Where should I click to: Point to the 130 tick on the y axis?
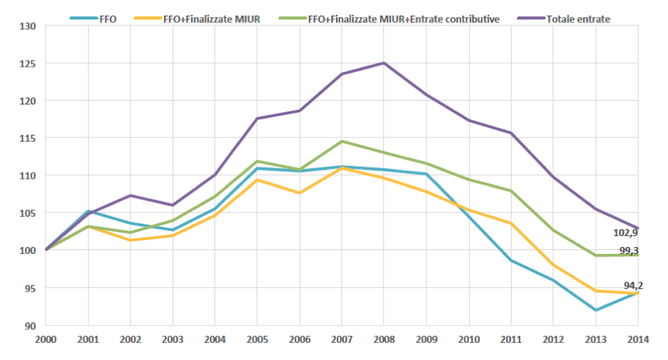(29, 26)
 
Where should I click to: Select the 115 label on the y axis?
(29, 138)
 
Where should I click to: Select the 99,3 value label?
(629, 251)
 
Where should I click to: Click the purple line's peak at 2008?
(384, 63)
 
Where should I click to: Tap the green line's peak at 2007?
(341, 141)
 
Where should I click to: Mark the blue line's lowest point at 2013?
(595, 310)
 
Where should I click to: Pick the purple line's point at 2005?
(257, 118)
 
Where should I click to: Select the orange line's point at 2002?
(130, 240)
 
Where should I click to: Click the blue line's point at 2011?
(511, 260)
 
